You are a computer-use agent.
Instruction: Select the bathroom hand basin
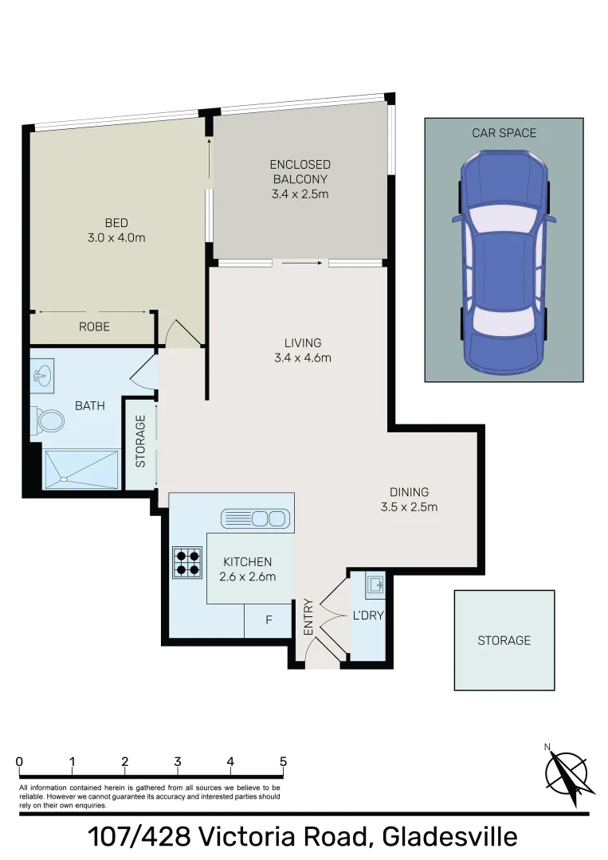click(43, 376)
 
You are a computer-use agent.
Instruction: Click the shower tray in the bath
click(80, 469)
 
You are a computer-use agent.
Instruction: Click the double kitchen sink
click(253, 519)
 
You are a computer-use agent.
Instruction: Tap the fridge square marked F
click(269, 620)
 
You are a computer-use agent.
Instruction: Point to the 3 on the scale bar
click(178, 761)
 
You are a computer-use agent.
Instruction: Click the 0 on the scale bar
click(19, 761)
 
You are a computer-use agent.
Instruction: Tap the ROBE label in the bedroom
click(94, 326)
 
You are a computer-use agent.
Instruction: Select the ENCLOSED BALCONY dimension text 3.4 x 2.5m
click(300, 193)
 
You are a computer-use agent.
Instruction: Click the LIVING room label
click(302, 343)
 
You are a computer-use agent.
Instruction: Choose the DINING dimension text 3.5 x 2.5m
click(410, 506)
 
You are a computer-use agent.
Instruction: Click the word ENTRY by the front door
click(309, 616)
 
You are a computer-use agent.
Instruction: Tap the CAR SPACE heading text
click(504, 133)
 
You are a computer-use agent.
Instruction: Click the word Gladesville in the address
click(449, 837)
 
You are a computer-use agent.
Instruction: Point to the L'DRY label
click(367, 616)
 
